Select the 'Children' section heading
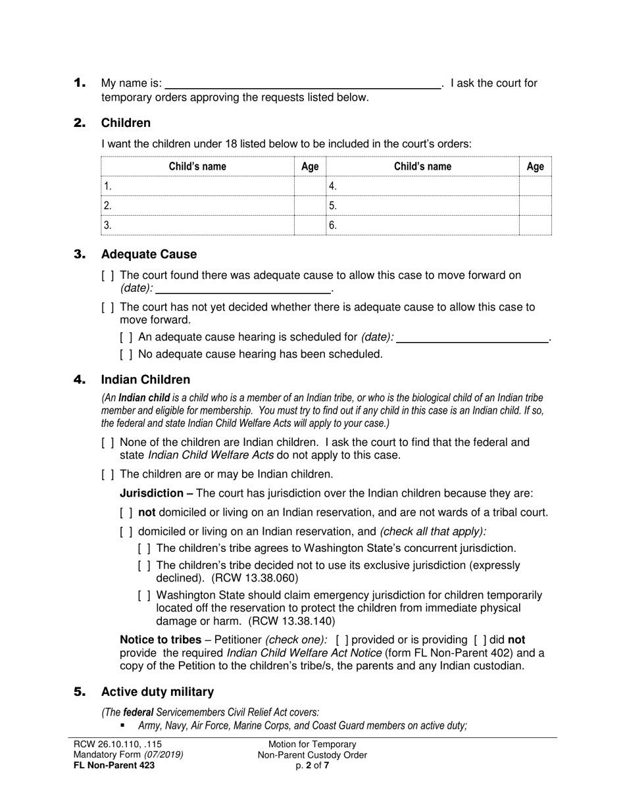coord(125,123)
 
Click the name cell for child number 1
coord(197,186)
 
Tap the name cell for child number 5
coord(422,206)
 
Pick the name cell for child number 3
coord(197,226)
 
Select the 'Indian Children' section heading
coord(145,380)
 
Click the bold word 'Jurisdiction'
coord(151,493)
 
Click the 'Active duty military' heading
coord(157,691)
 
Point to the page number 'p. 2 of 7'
coord(312,765)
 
